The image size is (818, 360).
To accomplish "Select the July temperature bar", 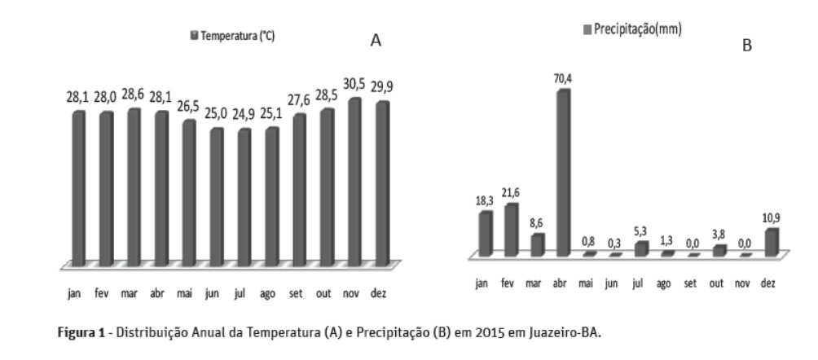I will [244, 195].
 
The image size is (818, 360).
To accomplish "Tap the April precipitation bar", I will [561, 171].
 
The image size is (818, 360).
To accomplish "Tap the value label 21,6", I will [512, 194].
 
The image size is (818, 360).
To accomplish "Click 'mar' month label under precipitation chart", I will [535, 284].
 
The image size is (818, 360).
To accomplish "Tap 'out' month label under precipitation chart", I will [717, 284].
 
